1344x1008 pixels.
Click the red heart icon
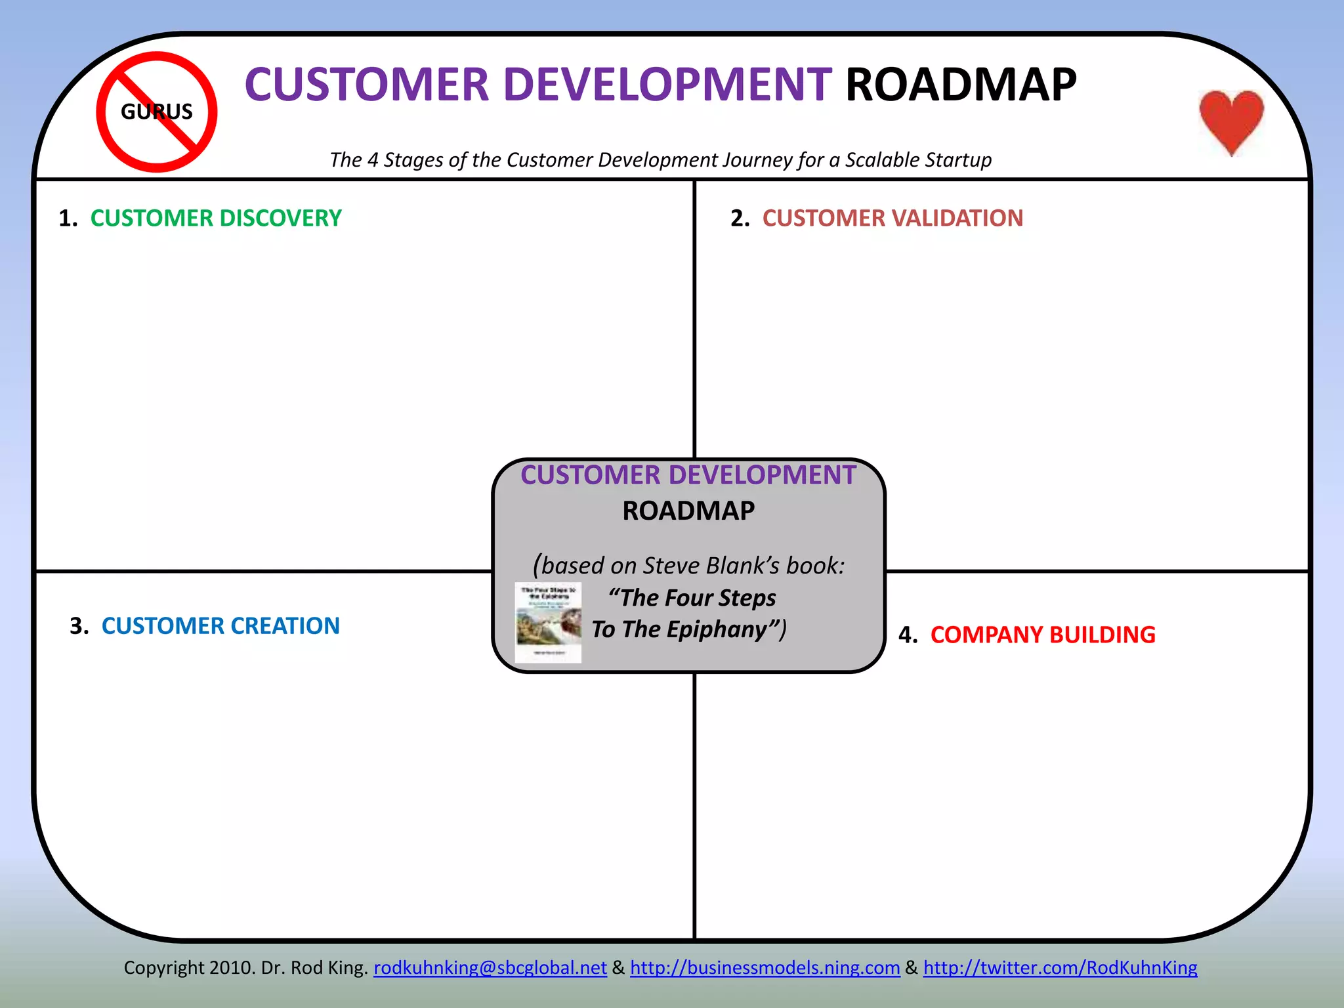[1231, 120]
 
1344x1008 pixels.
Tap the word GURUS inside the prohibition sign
[157, 112]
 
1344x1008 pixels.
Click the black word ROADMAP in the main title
[961, 85]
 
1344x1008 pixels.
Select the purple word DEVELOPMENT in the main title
[667, 85]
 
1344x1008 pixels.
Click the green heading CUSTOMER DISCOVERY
[216, 218]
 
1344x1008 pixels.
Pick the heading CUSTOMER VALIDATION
[892, 218]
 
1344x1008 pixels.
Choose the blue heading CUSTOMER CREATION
[220, 626]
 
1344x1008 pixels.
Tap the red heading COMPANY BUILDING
[1043, 635]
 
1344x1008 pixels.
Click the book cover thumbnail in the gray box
[548, 622]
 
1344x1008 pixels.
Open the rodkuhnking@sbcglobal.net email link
[490, 967]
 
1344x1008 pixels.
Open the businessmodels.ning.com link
[765, 967]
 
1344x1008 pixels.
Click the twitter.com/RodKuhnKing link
[1060, 967]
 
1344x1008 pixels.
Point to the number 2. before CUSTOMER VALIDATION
[740, 219]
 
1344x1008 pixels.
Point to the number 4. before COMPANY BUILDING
[908, 635]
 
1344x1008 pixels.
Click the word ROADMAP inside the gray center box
[688, 511]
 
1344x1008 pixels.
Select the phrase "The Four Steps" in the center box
[692, 598]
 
